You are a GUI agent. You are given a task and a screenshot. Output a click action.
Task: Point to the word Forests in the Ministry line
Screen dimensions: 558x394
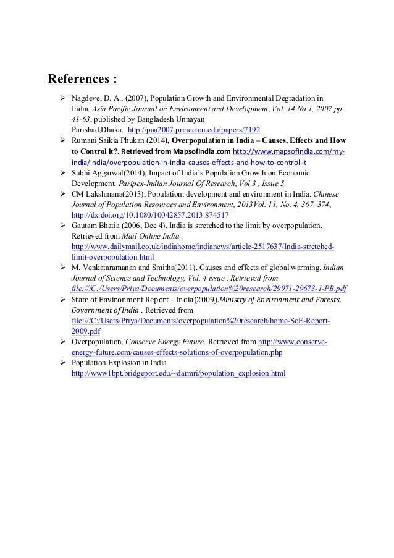pyautogui.click(x=326, y=300)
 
